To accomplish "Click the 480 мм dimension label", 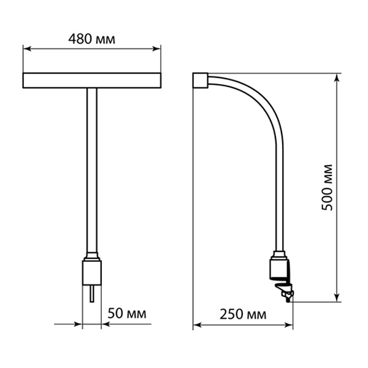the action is coord(92,39).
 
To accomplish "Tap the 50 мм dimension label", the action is coord(127,313).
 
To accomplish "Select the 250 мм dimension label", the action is coord(243,315).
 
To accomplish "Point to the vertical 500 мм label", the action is coord(327,188).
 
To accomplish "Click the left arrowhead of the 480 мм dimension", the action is coord(28,49).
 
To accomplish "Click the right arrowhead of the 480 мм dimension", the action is coord(156,49).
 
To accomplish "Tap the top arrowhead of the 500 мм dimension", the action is coord(337,78).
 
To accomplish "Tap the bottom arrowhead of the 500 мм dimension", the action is coord(337,297).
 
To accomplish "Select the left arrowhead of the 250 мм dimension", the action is coord(197,325).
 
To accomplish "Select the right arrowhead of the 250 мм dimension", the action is coord(289,325).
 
